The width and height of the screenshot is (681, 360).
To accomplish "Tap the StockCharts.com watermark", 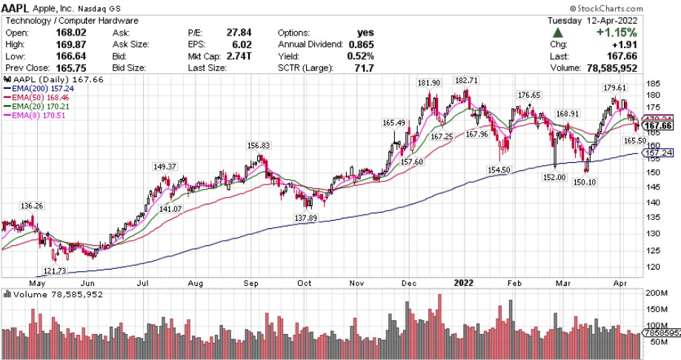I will tap(636, 7).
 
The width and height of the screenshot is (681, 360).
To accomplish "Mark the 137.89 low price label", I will tap(305, 217).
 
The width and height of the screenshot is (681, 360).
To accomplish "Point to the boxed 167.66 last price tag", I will tap(657, 125).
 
